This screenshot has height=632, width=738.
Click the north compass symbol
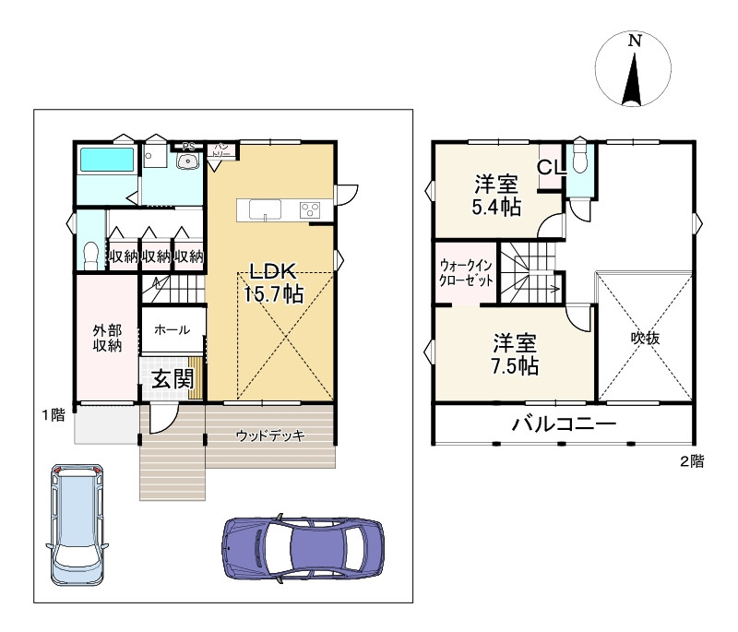[633, 68]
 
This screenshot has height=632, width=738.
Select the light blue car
[77, 525]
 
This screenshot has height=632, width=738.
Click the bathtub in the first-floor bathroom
[107, 160]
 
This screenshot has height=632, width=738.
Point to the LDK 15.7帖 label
[273, 282]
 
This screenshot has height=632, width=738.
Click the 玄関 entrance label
[173, 379]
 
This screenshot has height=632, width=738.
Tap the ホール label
[173, 330]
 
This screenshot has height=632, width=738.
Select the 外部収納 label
[107, 338]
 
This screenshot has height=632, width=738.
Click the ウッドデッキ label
[270, 435]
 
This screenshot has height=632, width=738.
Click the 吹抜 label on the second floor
[645, 338]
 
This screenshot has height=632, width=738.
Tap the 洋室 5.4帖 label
[496, 195]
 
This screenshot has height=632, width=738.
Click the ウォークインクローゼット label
[466, 273]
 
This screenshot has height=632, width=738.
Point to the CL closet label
[551, 167]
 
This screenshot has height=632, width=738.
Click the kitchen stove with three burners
[310, 209]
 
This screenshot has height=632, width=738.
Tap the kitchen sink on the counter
[265, 209]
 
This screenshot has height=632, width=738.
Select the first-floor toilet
[89, 255]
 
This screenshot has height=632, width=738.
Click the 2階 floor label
[691, 461]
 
